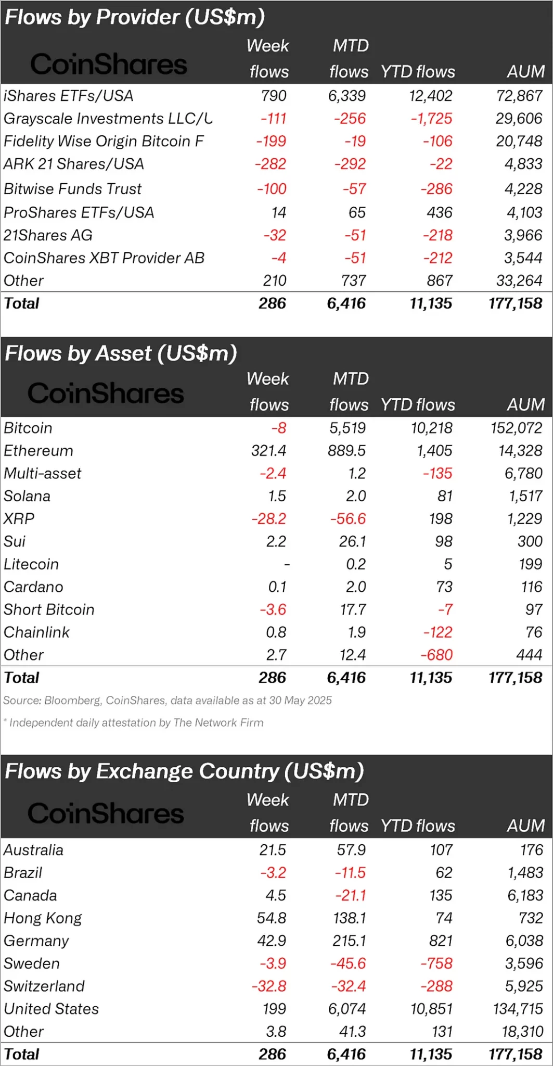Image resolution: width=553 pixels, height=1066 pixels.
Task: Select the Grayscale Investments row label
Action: click(x=108, y=119)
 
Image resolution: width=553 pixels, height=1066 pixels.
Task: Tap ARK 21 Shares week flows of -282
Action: click(x=270, y=164)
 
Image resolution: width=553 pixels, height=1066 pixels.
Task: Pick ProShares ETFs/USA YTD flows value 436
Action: click(x=440, y=212)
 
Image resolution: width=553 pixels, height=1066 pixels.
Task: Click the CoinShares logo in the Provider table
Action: click(x=108, y=64)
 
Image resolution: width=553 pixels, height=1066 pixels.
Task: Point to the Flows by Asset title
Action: click(x=121, y=353)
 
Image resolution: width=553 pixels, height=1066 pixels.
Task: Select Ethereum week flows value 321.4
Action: click(x=268, y=451)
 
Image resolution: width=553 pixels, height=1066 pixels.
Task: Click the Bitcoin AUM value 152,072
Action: click(x=516, y=428)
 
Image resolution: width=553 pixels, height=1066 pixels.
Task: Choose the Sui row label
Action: click(x=15, y=541)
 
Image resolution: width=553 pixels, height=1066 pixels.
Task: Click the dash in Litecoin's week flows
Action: click(x=286, y=564)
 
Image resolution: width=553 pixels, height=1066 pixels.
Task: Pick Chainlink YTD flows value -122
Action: click(x=438, y=632)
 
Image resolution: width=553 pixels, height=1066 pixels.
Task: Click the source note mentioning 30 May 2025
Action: click(x=167, y=701)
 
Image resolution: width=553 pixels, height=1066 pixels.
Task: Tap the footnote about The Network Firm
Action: click(x=136, y=722)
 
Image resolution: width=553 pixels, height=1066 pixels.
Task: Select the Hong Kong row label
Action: click(x=43, y=918)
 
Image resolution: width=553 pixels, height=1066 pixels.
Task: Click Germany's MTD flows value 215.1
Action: click(x=350, y=941)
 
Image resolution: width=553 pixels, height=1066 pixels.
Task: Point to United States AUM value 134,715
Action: click(x=518, y=1009)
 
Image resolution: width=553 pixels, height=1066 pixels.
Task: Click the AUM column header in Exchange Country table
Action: click(x=525, y=826)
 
